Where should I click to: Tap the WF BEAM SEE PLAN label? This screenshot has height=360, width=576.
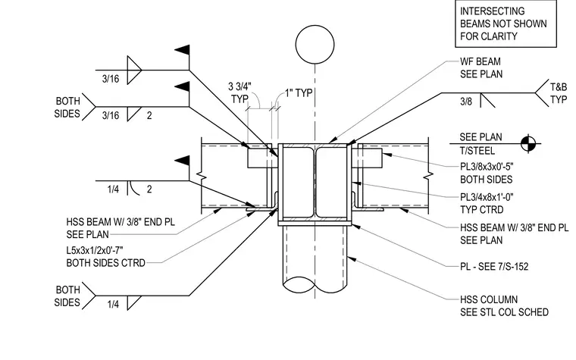(481, 67)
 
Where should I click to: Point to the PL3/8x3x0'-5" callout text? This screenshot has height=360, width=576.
(487, 173)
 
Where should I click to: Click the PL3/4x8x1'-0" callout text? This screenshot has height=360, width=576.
(487, 204)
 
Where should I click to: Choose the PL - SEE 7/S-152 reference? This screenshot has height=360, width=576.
(494, 266)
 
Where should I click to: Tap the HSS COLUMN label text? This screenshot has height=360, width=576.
(504, 306)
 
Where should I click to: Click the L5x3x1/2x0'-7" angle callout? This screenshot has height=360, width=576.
(106, 257)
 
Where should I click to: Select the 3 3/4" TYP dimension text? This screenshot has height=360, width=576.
(240, 92)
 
